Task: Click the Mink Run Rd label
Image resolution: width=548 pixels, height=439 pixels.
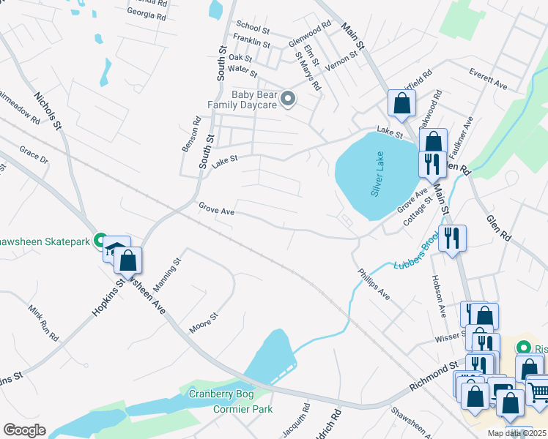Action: tap(44, 323)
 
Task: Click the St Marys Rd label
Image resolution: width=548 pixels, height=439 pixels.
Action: tap(308, 70)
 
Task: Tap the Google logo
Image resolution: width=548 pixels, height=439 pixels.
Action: tap(24, 430)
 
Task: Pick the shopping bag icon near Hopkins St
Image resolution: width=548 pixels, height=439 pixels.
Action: tap(128, 261)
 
